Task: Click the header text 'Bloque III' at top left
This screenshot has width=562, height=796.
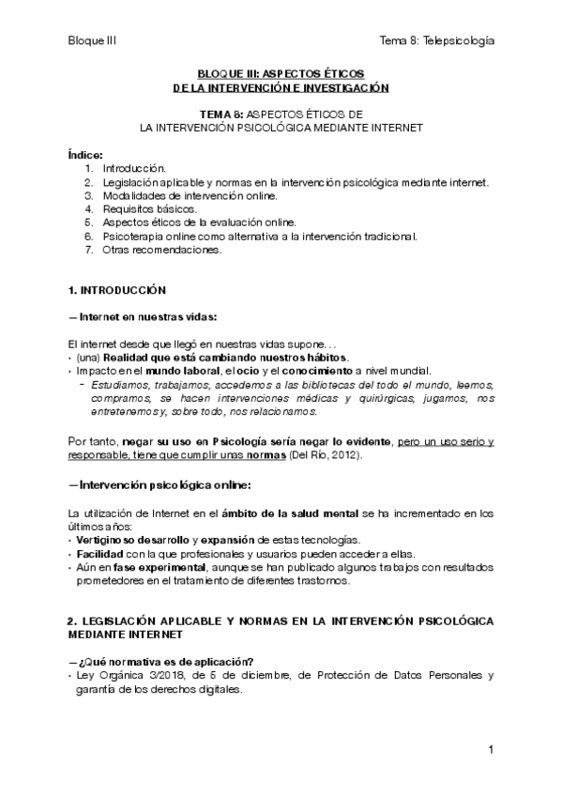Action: coord(92,40)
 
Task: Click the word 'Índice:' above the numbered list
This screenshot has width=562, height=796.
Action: coord(86,154)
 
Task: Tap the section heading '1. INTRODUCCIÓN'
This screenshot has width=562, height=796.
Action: coord(117,290)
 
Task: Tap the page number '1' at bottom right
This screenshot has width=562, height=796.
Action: coord(491,750)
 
